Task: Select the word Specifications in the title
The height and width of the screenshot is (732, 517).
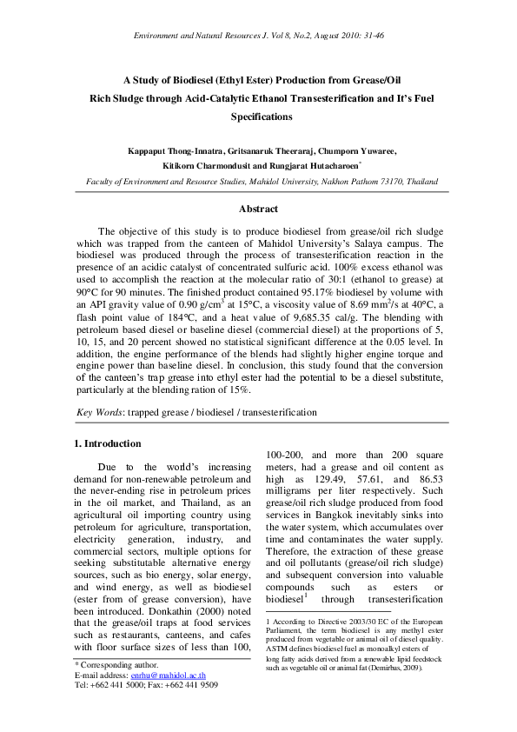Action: click(x=262, y=116)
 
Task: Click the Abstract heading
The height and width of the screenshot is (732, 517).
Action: click(x=258, y=209)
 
